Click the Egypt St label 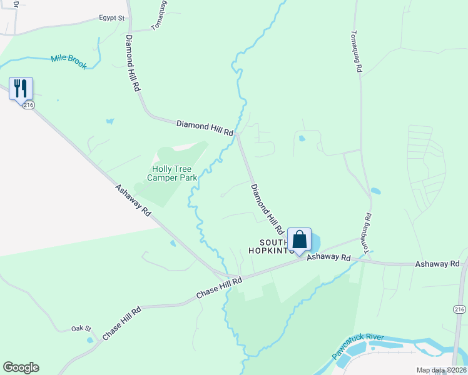112,18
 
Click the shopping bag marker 299,239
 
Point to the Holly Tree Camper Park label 172,173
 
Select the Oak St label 81,328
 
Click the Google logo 21,367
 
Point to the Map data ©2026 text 441,370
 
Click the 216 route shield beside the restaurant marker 28,106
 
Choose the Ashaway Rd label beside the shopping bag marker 328,257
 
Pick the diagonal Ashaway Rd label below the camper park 133,200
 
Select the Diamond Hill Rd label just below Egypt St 133,63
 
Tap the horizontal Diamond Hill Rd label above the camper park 205,129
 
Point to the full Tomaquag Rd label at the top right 356,52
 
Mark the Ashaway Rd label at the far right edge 437,264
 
